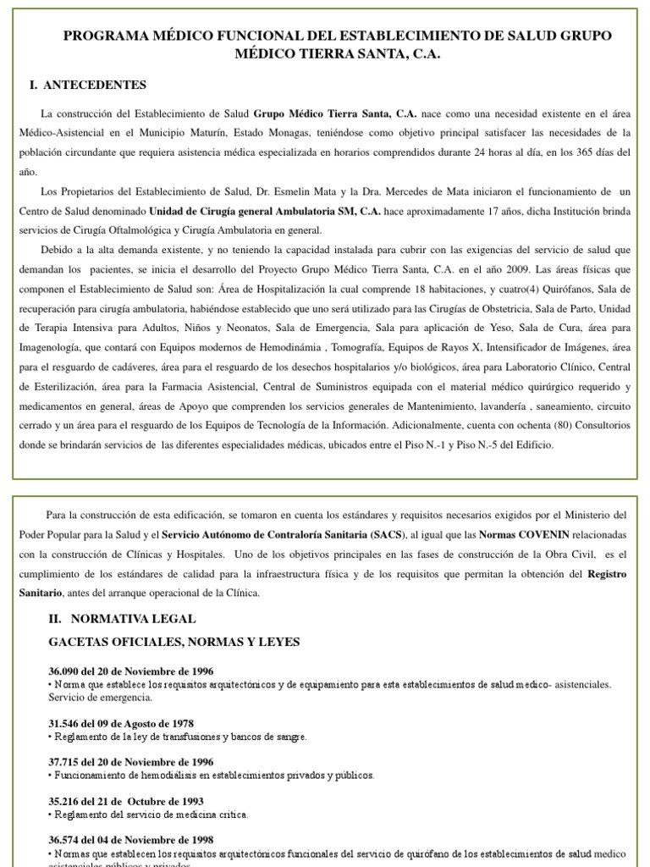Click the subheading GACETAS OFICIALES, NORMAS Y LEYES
coord(174,642)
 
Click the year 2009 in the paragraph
coord(421,269)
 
